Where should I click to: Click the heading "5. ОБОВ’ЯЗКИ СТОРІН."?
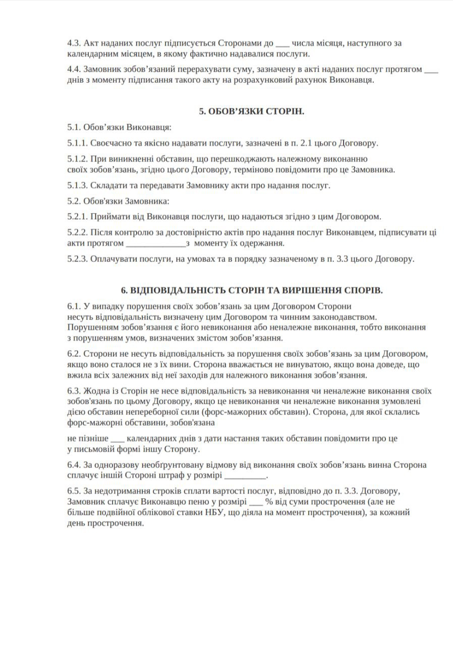tap(252, 112)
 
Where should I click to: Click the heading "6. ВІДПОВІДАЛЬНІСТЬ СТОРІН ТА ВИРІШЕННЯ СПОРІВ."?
tap(252, 291)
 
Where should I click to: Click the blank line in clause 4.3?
tap(282, 44)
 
